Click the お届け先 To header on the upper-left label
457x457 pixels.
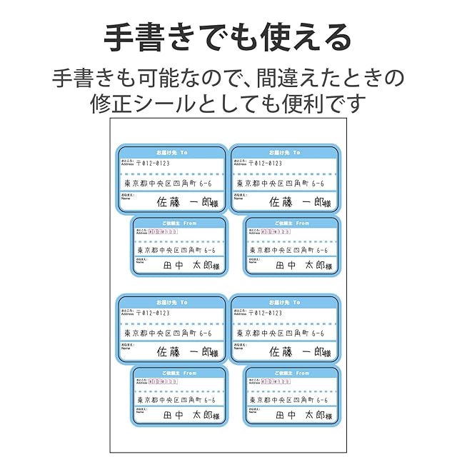click(171, 153)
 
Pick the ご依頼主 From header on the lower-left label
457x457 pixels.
click(179, 373)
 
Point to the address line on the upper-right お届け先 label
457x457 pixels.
click(283, 184)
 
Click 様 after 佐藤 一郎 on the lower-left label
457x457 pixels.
click(214, 353)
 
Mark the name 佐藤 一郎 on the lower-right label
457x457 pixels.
click(299, 352)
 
